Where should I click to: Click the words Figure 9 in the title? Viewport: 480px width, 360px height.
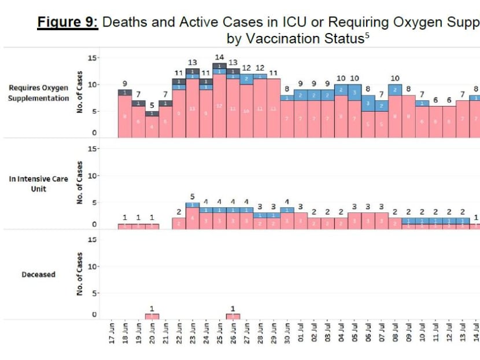pos(68,23)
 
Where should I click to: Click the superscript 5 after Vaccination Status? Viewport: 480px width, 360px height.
pos(367,36)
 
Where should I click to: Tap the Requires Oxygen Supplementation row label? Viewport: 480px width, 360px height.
pos(39,93)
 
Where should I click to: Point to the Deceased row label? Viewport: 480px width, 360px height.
pos(39,274)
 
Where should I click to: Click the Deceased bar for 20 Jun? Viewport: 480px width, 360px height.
pos(152,317)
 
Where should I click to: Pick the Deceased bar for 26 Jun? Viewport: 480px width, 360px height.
pos(233,317)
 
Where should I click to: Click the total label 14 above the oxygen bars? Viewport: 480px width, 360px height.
pos(219,57)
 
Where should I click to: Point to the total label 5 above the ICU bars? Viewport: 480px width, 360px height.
pos(193,196)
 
